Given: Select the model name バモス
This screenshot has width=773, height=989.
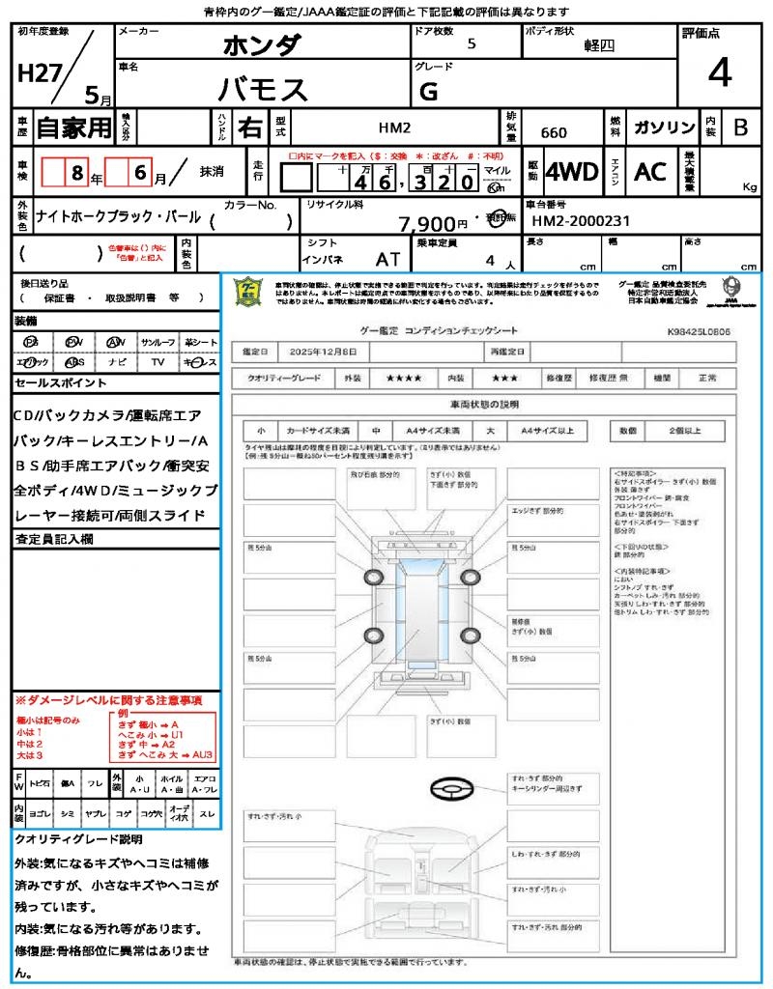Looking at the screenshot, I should coord(262,89).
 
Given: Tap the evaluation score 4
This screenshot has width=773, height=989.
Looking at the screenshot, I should coord(719,73).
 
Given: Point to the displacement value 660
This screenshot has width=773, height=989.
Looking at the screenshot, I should coord(554,132).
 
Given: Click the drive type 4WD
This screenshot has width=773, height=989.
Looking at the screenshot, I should coord(572,172).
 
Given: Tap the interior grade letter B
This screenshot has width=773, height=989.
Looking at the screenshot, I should coord(740,127).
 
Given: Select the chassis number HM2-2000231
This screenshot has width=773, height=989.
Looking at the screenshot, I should coord(581,221).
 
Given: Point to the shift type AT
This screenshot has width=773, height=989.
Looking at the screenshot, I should coord(387,260).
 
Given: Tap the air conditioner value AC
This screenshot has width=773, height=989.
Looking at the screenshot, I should coord(650,172).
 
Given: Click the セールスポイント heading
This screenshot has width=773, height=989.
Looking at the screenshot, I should coord(61,383).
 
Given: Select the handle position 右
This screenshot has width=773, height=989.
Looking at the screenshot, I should coord(249,127).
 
